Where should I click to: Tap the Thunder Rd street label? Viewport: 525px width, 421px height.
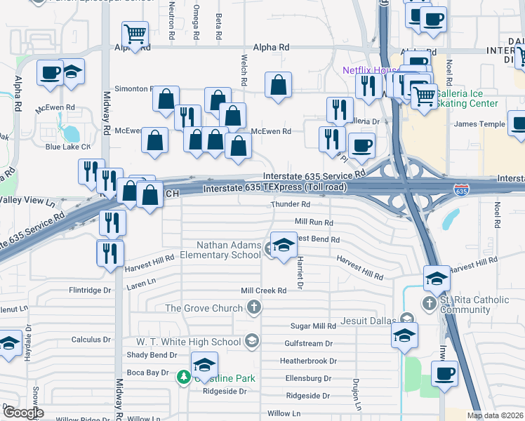tap(291, 204)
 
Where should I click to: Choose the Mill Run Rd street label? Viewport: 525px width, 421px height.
tap(313, 222)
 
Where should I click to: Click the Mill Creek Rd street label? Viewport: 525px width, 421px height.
tap(263, 290)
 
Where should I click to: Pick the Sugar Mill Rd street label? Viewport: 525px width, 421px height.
tap(313, 326)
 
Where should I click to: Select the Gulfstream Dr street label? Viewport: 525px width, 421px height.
tap(309, 344)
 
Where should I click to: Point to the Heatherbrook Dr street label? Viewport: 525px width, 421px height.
tap(308, 361)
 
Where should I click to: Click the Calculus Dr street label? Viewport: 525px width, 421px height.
tap(91, 340)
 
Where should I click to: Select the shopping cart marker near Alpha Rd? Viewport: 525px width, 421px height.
tap(134, 32)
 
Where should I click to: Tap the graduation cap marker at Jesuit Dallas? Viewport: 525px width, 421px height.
tap(404, 335)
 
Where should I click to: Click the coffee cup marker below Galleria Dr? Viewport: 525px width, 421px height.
tap(361, 145)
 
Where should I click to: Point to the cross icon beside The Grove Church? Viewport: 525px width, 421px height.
tap(254, 307)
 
